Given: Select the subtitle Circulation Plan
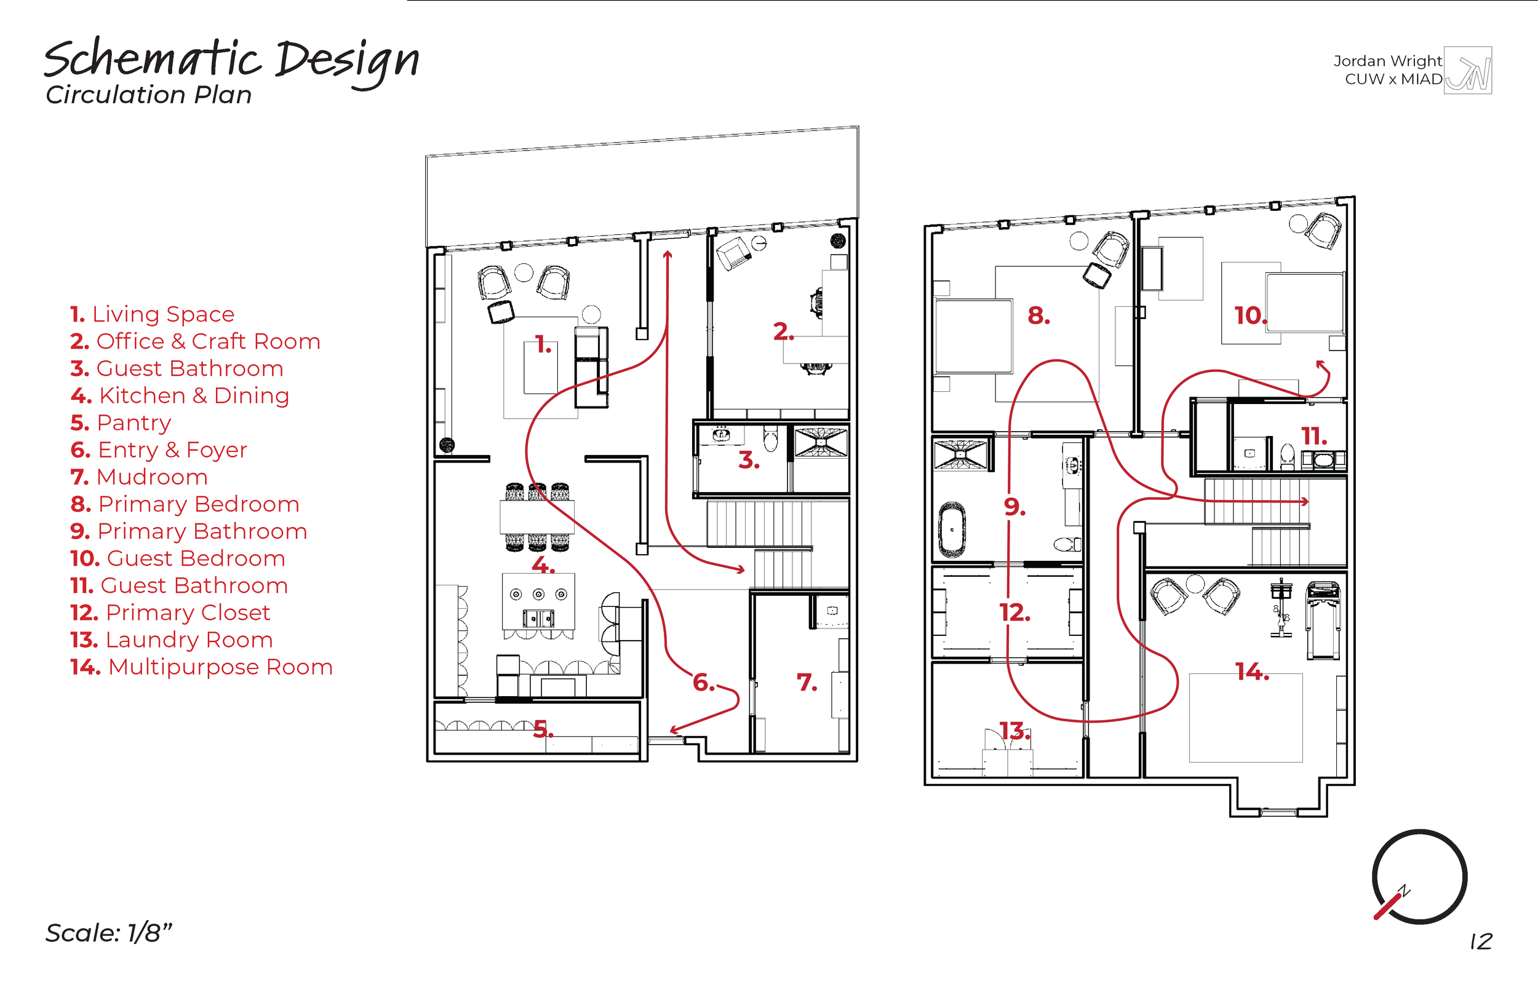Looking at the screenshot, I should (149, 95).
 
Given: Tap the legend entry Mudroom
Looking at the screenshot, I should (139, 477).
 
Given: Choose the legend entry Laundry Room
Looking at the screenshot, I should (172, 640).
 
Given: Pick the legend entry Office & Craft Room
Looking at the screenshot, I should (195, 341).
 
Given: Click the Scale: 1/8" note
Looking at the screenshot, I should (108, 933).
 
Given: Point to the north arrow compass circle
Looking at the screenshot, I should (1419, 877).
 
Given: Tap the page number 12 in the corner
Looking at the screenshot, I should (1481, 941).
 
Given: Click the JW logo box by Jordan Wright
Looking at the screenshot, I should (1468, 71).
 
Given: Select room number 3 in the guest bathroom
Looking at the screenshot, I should (748, 461).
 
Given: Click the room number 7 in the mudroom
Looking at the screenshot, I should (807, 682).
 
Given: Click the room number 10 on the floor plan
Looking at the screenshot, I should (1249, 316).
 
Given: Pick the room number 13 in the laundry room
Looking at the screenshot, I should (1014, 731).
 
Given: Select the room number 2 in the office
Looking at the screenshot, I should (783, 332).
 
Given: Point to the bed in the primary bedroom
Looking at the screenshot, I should (973, 336).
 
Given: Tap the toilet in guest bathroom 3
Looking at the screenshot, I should (770, 439).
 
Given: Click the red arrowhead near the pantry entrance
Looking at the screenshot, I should (674, 730).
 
